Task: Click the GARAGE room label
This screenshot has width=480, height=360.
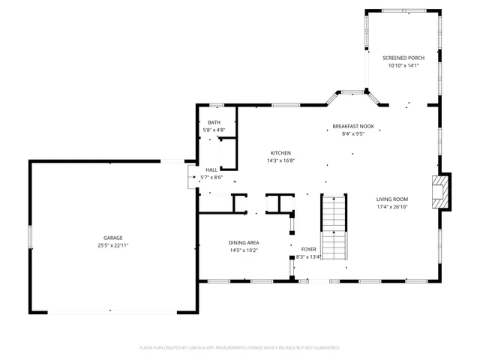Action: (113, 238)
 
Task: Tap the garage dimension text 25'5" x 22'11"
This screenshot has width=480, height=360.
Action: (113, 245)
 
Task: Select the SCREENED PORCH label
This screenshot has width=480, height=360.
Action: (403, 58)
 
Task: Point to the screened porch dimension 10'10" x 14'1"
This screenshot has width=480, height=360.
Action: (403, 66)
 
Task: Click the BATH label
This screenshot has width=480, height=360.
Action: (214, 122)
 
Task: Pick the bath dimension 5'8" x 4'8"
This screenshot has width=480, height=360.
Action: (214, 130)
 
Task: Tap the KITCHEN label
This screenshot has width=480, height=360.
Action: (280, 152)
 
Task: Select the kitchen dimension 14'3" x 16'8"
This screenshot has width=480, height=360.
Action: (280, 160)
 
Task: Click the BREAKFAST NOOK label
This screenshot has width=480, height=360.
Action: (352, 126)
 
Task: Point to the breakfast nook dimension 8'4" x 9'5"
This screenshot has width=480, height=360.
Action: (352, 134)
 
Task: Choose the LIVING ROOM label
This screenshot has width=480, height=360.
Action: (392, 199)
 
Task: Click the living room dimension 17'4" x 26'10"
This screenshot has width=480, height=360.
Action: (392, 207)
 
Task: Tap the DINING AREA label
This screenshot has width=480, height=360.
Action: (244, 242)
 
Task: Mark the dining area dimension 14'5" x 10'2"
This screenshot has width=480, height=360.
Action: (244, 250)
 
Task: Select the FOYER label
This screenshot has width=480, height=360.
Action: (308, 249)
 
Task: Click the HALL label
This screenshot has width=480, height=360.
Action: (211, 169)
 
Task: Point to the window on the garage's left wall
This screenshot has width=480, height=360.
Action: (30, 237)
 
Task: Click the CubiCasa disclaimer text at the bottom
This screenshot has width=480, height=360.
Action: (240, 348)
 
